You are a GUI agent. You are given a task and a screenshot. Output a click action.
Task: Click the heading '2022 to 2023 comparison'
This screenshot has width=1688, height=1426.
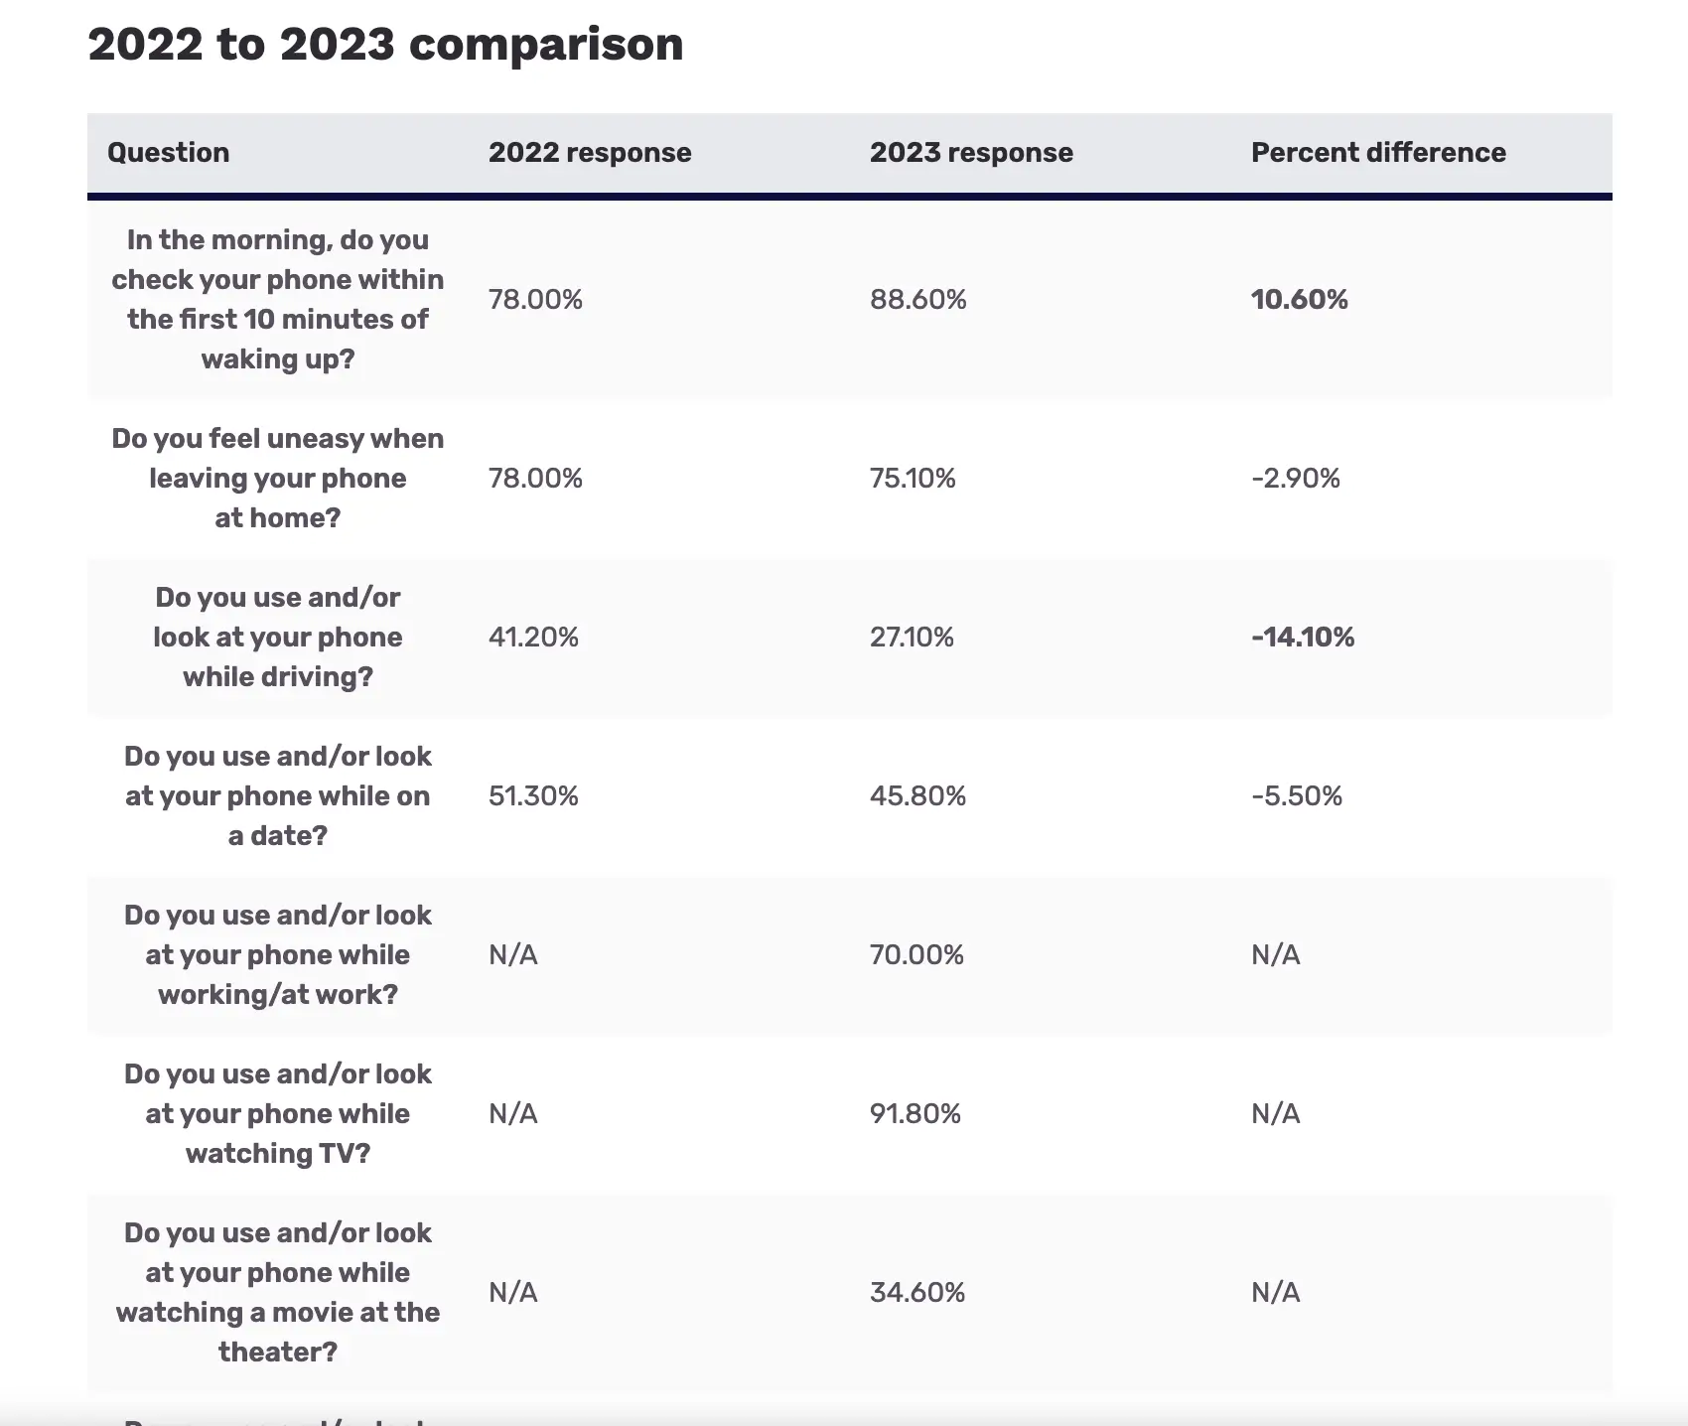click(385, 45)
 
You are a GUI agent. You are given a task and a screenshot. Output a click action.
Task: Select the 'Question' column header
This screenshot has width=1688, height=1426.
click(168, 152)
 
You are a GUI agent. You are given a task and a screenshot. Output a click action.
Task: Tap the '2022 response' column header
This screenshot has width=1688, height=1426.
click(590, 152)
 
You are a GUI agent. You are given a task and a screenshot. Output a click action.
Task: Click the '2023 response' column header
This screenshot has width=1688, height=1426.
click(971, 152)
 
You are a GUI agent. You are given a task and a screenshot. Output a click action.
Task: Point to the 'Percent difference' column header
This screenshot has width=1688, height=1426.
click(1378, 152)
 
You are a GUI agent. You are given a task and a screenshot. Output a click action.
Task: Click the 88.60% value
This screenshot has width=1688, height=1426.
click(917, 299)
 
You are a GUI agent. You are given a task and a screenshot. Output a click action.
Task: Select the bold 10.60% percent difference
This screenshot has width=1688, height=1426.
click(1299, 299)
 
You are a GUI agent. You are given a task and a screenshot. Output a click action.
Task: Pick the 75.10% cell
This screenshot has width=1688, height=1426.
click(913, 478)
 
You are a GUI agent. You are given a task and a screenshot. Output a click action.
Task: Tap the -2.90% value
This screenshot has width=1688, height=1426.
click(1295, 478)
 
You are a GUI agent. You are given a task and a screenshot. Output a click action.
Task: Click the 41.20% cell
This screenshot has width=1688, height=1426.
click(533, 637)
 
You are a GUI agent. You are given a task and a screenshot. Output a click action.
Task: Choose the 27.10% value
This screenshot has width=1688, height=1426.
click(912, 637)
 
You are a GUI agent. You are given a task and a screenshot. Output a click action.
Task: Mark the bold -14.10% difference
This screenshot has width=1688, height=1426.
click(1303, 637)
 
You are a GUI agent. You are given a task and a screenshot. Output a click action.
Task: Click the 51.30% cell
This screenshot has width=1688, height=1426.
click(533, 795)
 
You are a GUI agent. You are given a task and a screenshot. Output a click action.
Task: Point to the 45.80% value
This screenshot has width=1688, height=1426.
click(917, 795)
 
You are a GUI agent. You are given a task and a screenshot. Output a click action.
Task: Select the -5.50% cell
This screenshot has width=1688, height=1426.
click(1296, 795)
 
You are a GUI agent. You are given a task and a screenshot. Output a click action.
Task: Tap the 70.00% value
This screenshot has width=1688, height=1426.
click(916, 954)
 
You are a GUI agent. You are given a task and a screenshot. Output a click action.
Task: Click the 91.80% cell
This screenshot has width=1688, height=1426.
click(914, 1113)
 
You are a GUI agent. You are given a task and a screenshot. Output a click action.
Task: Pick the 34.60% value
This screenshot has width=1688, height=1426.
click(916, 1292)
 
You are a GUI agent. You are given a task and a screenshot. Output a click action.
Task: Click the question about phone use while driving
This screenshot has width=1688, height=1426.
click(278, 637)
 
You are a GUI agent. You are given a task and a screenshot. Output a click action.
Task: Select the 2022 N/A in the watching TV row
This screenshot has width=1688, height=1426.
click(512, 1113)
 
